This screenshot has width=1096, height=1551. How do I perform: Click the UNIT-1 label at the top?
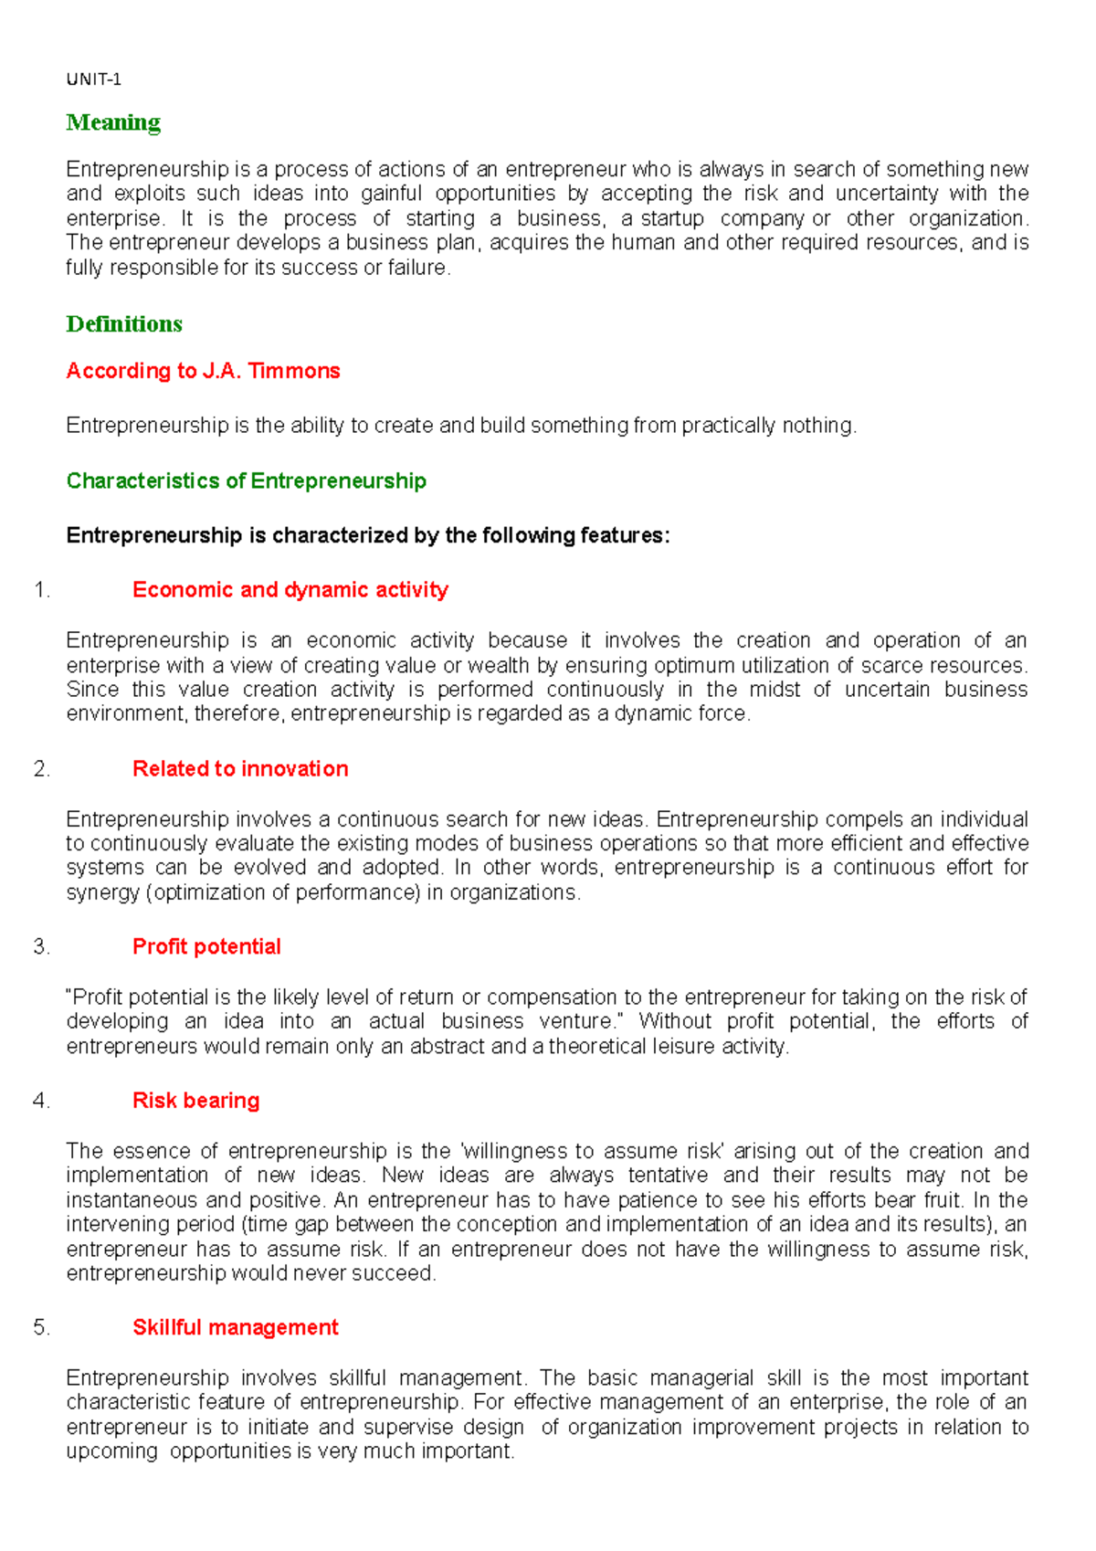pos(93,79)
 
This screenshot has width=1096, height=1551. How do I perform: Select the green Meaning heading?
pos(113,122)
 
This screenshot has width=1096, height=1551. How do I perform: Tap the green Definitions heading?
pos(124,324)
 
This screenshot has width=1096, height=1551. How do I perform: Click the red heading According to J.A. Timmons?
pos(203,371)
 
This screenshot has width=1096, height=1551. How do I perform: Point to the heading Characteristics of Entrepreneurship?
pos(246,481)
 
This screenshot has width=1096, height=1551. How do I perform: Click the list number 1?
pos(41,590)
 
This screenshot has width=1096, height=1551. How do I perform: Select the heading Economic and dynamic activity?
pos(290,590)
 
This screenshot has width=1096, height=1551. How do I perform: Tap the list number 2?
pos(41,769)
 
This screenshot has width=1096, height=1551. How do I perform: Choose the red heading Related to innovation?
pos(240,769)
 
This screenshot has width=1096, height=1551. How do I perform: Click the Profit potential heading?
pos(206,947)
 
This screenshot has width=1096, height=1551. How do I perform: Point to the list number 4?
pos(41,1101)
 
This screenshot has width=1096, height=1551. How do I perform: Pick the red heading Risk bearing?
pos(195,1101)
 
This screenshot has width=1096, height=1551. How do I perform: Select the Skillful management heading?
pos(235,1327)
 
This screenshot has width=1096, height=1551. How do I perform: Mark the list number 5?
pos(41,1327)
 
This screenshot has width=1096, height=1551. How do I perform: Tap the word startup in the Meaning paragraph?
pos(672,219)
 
